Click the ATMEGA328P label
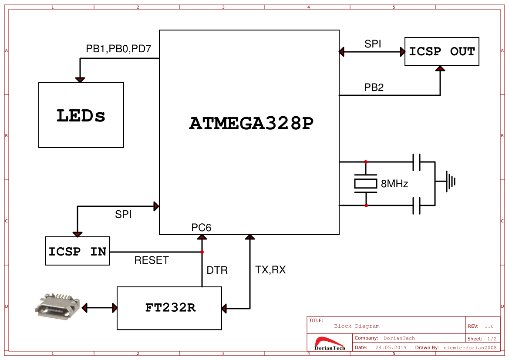coord(251,124)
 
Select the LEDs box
coord(81,115)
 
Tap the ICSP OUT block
coord(442,51)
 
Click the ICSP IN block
coord(78,251)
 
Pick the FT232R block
coord(169,308)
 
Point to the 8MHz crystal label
coord(394,184)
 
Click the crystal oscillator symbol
coord(366,184)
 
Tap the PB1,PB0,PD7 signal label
coord(118,49)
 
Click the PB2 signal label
coord(374,87)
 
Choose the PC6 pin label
coord(201,227)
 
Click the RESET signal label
coord(151,260)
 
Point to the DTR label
coord(217,270)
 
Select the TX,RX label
coord(270,270)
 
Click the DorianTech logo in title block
coord(330,343)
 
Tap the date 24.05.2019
coord(391,347)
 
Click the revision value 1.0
coord(489,326)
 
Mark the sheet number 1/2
coord(491,338)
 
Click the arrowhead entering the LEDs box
coord(80,80)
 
